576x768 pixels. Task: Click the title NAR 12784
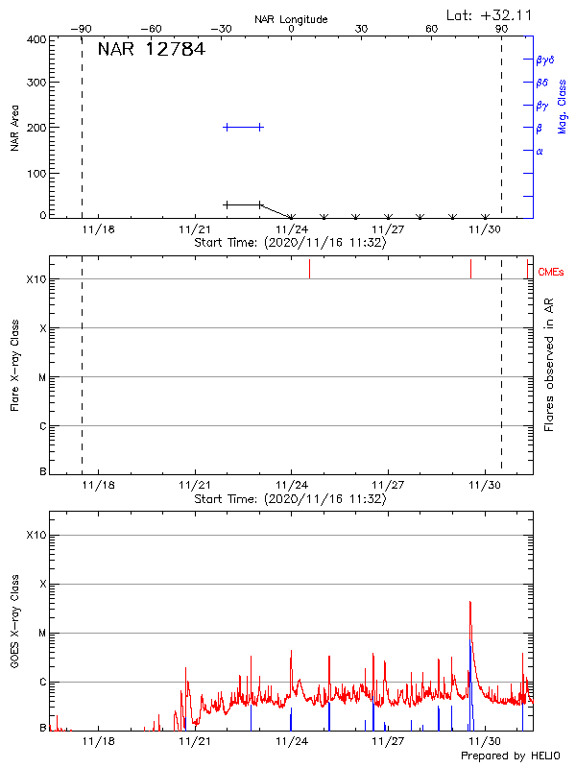[151, 50]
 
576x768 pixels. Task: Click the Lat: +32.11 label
[492, 14]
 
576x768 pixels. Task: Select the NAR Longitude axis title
[291, 19]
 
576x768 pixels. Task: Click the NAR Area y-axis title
[15, 129]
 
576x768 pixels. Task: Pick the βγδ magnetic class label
[544, 60]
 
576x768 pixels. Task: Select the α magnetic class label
[540, 151]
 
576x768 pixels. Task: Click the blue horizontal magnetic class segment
[243, 127]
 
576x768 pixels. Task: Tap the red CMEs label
[551, 273]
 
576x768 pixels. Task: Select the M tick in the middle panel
[42, 377]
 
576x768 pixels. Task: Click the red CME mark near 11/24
[309, 269]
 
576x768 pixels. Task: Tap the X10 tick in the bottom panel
[36, 535]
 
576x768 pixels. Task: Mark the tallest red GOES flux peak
[470, 603]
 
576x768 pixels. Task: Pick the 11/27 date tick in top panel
[388, 229]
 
